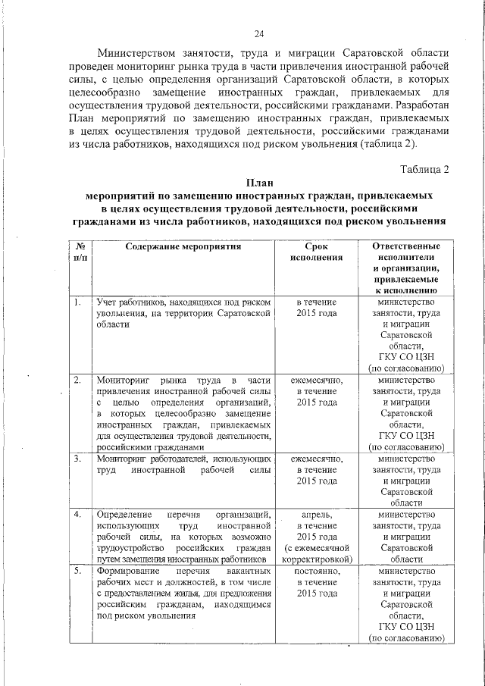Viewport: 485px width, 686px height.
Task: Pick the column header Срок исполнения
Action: tap(316, 253)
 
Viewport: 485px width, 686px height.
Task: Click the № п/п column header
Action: tap(80, 253)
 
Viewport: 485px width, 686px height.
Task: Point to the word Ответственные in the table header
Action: tap(407, 247)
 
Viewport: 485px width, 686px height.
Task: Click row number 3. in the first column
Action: tap(78, 459)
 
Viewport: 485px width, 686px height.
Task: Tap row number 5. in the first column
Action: tap(78, 570)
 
